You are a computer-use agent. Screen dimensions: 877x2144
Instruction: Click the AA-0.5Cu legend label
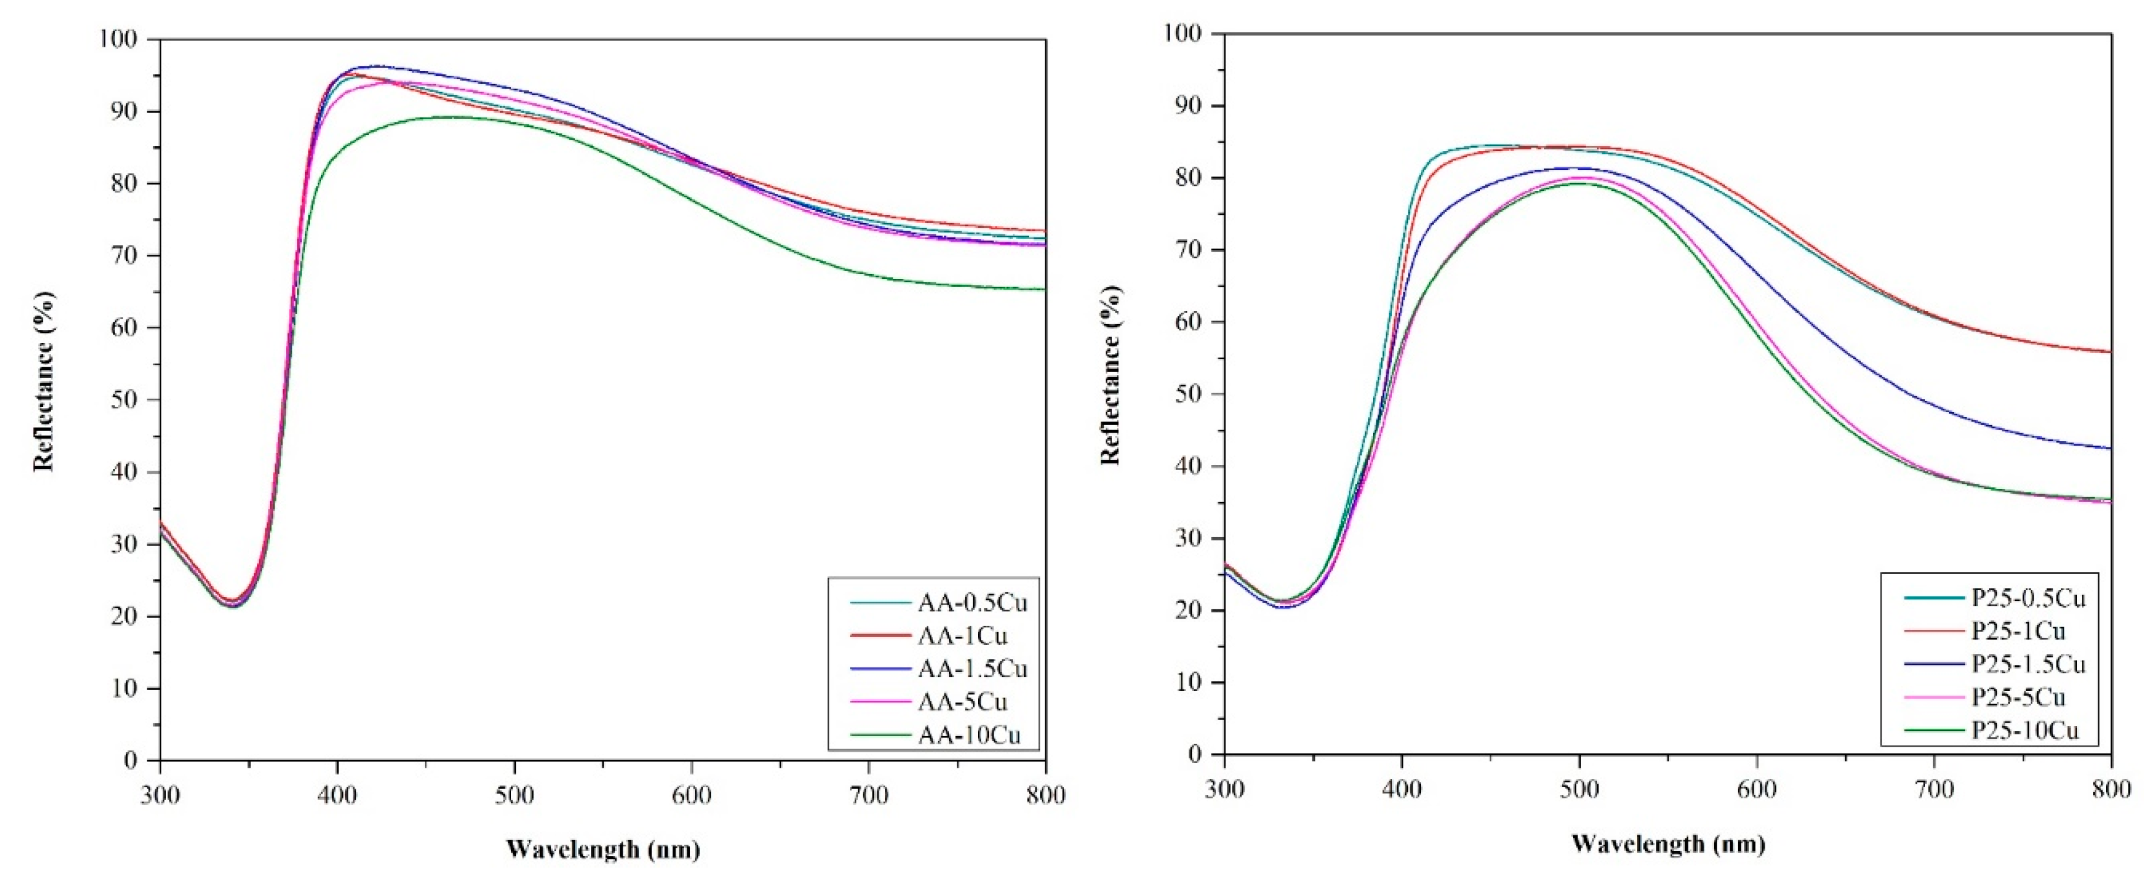tap(972, 602)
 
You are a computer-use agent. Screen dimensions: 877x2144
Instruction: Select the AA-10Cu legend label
tap(969, 735)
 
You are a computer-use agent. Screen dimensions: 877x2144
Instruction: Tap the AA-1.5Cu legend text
tap(972, 669)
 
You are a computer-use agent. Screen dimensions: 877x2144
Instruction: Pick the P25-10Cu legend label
tap(2025, 731)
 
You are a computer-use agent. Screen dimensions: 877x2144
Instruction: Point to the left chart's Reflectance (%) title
tap(43, 381)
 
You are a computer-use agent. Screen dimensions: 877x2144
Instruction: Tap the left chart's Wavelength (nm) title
tap(603, 849)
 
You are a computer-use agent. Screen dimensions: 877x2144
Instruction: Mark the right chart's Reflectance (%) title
tap(1110, 375)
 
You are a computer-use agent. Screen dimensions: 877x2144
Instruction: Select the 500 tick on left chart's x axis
tap(514, 795)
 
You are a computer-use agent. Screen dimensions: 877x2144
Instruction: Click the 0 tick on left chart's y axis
tap(131, 761)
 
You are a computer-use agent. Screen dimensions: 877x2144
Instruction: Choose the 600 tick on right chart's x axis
tap(1756, 789)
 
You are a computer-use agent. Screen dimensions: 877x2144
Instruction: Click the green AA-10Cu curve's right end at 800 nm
tap(1044, 289)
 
